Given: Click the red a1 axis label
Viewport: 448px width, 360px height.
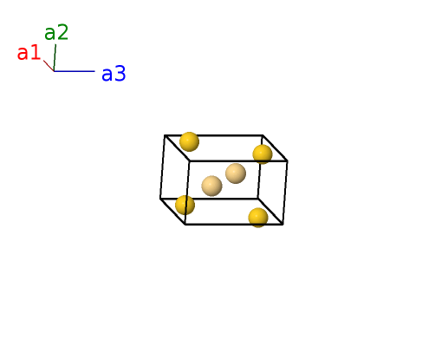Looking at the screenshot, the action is pos(29,53).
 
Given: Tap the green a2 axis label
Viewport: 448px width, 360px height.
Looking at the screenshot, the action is pos(56,32).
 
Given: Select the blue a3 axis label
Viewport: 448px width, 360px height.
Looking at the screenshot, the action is pos(114,74).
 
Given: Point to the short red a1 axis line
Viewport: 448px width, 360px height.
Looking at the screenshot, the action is pos(49,66).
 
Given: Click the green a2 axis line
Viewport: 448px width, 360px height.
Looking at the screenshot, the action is pos(55,57).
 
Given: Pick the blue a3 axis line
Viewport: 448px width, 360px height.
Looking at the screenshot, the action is pos(75,71).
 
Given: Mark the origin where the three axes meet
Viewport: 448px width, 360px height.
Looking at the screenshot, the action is pos(54,71).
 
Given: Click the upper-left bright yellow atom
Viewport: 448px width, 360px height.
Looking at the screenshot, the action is pos(189,141).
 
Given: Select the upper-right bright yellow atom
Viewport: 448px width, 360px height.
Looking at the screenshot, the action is pos(263,154).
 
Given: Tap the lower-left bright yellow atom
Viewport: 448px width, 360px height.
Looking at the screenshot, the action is pos(185,205).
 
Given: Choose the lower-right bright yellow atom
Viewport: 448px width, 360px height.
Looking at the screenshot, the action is pos(258,218).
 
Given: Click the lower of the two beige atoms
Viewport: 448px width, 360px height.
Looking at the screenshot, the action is pos(211,186).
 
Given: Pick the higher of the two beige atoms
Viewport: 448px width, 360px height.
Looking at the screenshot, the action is pos(236,173).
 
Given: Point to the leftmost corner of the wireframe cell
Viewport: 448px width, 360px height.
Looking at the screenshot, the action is pos(160,199).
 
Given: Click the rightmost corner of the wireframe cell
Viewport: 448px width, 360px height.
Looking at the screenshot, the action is pos(288,160).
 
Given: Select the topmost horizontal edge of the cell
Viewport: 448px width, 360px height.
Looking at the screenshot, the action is pos(213,135).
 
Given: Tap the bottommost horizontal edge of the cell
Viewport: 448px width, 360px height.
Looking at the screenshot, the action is pos(234,224).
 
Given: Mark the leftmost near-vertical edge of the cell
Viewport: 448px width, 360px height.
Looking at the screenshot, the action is pos(162,167).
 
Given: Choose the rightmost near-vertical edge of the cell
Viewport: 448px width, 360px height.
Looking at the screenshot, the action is pos(285,193).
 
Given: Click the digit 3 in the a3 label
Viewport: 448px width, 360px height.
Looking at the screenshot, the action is pos(120,74).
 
